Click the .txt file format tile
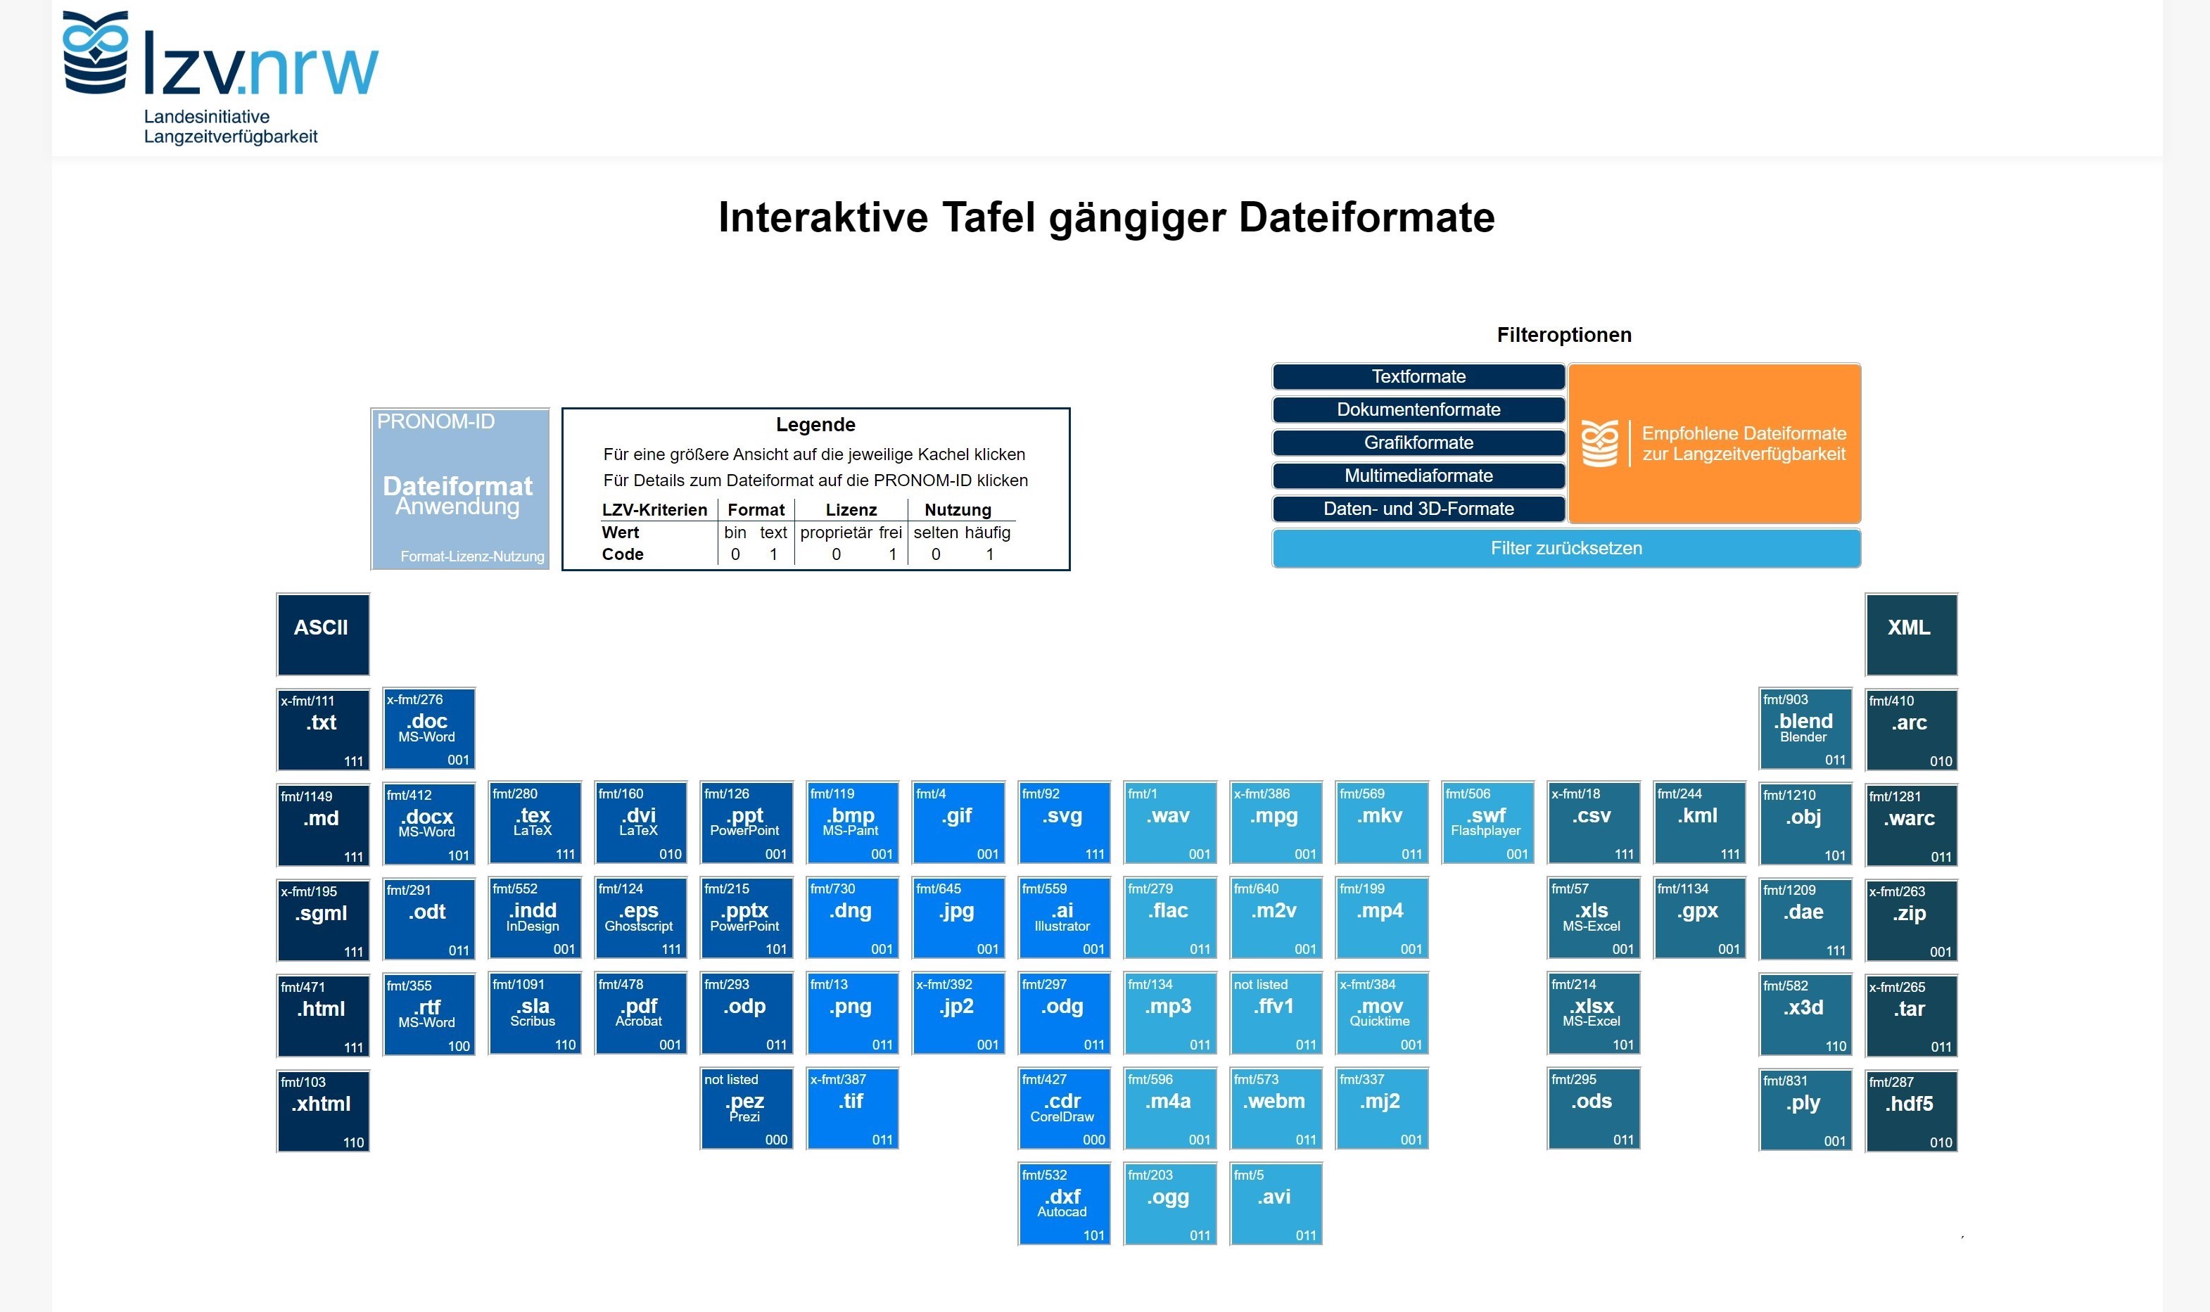[323, 730]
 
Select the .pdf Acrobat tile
[640, 1013]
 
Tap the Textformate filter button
[1418, 376]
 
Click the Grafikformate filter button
[1418, 443]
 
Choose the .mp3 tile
[1169, 1013]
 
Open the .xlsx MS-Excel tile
[1592, 1013]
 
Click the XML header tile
[1910, 634]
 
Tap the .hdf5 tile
[1910, 1110]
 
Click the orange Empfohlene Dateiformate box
[1714, 443]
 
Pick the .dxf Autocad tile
[1062, 1203]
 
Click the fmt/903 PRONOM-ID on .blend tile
[1785, 699]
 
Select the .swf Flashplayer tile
[1487, 822]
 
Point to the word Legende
[815, 424]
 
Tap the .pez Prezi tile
[745, 1109]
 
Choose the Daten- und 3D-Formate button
[1418, 509]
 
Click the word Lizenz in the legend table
[851, 510]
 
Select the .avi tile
[1275, 1203]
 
